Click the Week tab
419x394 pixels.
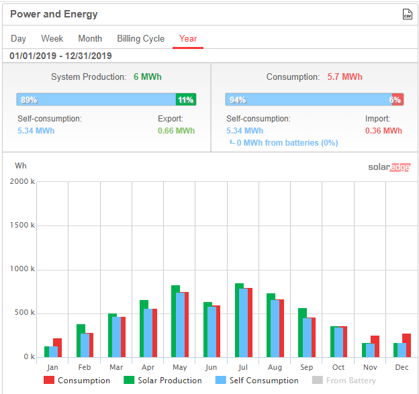click(52, 39)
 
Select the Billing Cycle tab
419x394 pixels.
click(140, 39)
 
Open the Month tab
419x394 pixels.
click(90, 39)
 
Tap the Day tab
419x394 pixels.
click(18, 39)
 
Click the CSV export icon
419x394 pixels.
click(407, 14)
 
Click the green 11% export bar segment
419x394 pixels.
click(185, 100)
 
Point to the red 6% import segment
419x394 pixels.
click(398, 100)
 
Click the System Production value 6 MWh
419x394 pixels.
click(147, 77)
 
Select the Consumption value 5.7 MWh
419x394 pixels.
click(344, 77)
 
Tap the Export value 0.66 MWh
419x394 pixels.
click(176, 131)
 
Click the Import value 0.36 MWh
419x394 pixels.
click(383, 131)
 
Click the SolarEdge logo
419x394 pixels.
click(389, 167)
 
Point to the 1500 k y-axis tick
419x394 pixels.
click(23, 226)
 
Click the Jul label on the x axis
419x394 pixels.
click(243, 368)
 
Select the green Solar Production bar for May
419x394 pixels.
click(175, 321)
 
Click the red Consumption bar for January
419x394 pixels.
click(57, 348)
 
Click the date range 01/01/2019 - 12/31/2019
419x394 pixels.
click(61, 56)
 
